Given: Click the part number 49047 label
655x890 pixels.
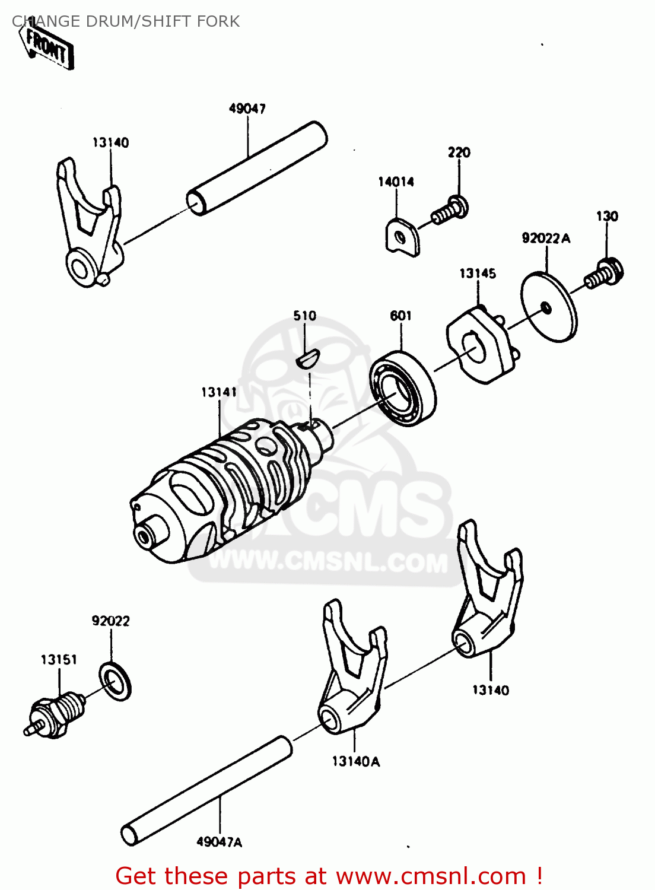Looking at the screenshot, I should pos(247,109).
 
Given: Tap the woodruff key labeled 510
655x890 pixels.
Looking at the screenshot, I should pos(307,358).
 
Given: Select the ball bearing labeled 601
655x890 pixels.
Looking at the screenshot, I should pos(402,389).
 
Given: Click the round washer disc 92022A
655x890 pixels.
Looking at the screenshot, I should pos(549,307).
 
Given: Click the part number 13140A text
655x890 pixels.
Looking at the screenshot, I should pos(355,761).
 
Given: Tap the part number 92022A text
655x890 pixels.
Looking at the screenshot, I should pos(545,238).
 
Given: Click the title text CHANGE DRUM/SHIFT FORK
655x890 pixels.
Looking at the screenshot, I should pos(126,21).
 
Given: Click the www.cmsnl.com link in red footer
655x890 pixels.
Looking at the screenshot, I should pos(430,876).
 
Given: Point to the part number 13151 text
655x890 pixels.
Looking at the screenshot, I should pos(59,659).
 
